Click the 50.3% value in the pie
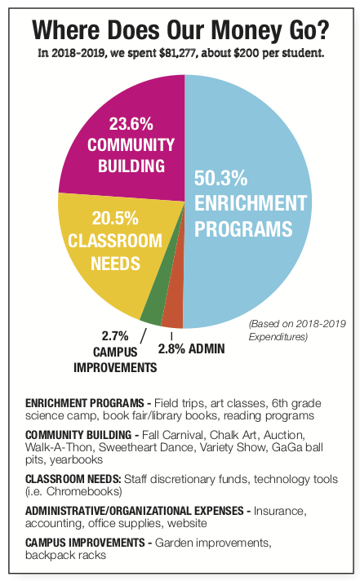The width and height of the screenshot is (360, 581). pyautogui.click(x=221, y=178)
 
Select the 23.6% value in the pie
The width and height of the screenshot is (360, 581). pyautogui.click(x=131, y=124)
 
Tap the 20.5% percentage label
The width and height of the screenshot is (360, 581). pyautogui.click(x=115, y=218)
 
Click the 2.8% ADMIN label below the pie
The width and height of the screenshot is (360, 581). pyautogui.click(x=191, y=349)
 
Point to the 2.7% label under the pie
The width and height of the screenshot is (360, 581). pyautogui.click(x=115, y=336)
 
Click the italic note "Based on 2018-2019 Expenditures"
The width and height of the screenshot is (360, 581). pyautogui.click(x=297, y=330)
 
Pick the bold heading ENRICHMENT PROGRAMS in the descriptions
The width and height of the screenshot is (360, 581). pyautogui.click(x=85, y=403)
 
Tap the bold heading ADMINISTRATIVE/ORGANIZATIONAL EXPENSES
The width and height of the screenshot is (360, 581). pyautogui.click(x=135, y=511)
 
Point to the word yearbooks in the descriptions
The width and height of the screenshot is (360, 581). pyautogui.click(x=77, y=460)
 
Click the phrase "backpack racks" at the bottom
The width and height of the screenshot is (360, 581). pyautogui.click(x=65, y=556)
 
